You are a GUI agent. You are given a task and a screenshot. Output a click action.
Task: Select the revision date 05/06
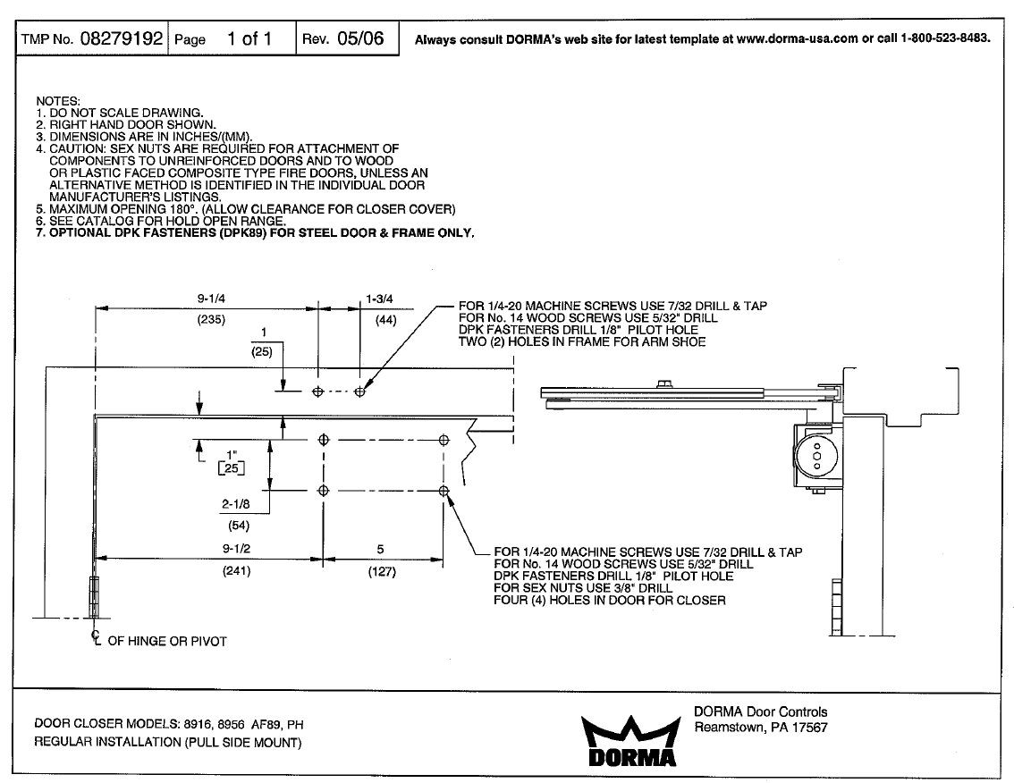(x=360, y=38)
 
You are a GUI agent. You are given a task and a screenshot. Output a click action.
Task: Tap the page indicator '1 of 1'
(x=249, y=38)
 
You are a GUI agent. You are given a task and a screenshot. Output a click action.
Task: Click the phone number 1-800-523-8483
(x=946, y=39)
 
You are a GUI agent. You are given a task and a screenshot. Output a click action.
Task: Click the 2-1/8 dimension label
(x=238, y=505)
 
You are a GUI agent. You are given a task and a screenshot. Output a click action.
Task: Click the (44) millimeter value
(x=386, y=319)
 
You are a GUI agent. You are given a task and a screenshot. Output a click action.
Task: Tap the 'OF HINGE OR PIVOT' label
(x=167, y=642)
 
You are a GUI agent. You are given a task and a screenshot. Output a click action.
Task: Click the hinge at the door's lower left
(x=94, y=598)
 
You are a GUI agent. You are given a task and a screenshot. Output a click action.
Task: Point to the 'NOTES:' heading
(x=58, y=102)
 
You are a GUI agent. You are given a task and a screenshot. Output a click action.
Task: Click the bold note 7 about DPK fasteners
(x=255, y=232)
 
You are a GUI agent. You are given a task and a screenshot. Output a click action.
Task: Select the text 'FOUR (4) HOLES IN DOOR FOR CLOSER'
(x=609, y=601)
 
